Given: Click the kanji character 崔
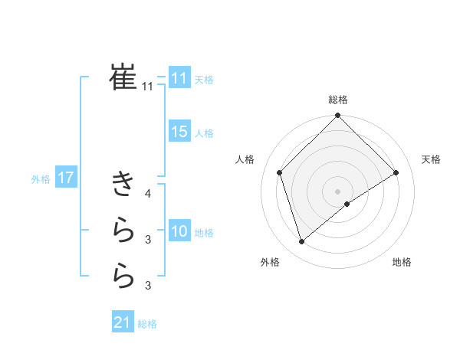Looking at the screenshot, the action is point(123,77).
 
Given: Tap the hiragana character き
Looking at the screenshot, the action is point(123,184).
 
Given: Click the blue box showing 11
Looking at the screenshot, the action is point(179,78).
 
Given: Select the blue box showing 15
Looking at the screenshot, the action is point(179,132).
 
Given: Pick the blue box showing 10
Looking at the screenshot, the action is point(179,231).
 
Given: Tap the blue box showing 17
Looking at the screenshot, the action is point(66,178).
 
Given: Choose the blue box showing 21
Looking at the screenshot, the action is point(123,322).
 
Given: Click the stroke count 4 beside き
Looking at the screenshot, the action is point(148,194).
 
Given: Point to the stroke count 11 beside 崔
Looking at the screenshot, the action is point(147,87).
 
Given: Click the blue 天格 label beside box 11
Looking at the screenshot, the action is point(204,80).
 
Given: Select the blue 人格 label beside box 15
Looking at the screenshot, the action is point(204,133).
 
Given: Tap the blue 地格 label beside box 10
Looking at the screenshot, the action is point(204,233).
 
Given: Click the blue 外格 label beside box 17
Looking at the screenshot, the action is point(41,179).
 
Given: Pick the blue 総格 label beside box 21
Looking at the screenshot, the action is point(147,324).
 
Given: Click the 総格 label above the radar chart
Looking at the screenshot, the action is point(337,100).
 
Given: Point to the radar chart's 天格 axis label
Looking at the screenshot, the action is point(432,159).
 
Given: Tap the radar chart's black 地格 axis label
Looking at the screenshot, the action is point(402,262).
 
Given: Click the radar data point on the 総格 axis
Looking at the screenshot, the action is point(337,116).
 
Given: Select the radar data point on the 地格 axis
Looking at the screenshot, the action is point(347,204).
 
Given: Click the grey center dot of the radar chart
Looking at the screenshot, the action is point(337,191).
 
